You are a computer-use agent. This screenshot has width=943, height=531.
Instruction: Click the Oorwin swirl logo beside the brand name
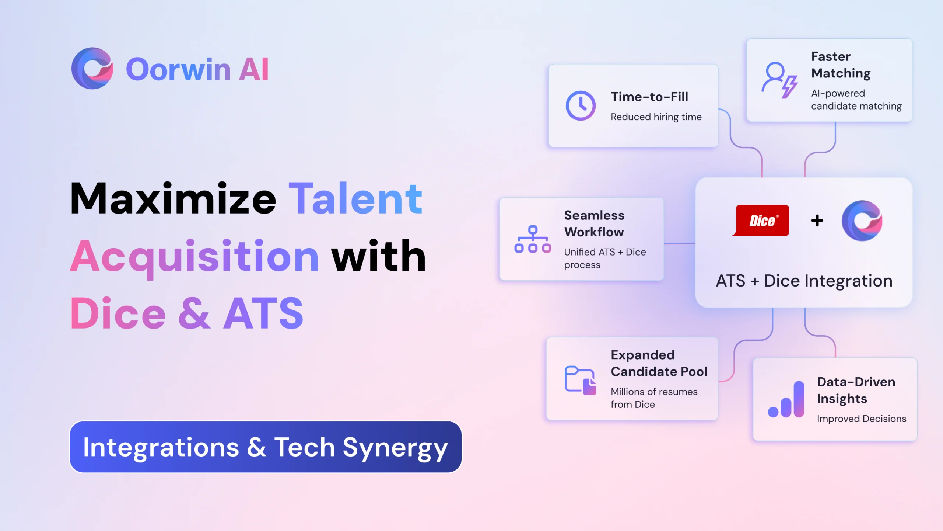tap(92, 68)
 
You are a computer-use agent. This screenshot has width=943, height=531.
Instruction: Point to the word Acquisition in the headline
tap(194, 257)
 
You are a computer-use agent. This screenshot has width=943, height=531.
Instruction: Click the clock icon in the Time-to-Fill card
tap(581, 106)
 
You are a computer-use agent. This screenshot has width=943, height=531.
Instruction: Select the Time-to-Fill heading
tap(649, 97)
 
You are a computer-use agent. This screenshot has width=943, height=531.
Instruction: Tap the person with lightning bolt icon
tap(779, 80)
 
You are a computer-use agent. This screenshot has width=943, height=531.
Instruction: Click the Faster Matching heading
tap(841, 65)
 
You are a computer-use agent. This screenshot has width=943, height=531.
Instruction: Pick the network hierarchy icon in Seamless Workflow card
tap(533, 239)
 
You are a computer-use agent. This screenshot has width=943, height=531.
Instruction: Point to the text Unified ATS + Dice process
tap(605, 258)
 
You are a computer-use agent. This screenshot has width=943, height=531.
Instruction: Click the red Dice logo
tap(761, 220)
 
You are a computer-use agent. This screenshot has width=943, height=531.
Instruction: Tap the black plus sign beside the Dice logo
tap(817, 221)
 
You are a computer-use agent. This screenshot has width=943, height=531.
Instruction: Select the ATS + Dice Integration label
tap(804, 281)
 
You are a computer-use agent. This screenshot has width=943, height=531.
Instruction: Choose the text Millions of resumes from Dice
tap(654, 398)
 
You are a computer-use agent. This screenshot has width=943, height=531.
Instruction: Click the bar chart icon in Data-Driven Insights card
tap(786, 399)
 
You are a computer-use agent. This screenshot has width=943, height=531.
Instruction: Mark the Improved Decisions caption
tap(862, 419)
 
